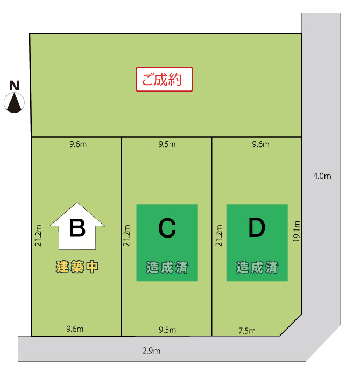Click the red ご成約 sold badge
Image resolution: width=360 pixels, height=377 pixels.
click(x=164, y=79)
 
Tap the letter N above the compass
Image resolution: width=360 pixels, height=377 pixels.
click(x=14, y=86)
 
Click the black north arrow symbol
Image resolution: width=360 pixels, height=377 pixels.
click(x=14, y=103)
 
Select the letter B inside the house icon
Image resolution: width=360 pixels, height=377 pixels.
click(x=77, y=228)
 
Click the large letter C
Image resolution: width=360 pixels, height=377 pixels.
click(x=167, y=228)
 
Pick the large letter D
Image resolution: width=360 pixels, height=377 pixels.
click(x=257, y=227)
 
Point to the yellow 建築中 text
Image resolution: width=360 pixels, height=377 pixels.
click(x=77, y=267)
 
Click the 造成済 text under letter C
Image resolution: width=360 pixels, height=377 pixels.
click(x=167, y=267)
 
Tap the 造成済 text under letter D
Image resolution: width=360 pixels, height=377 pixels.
click(x=257, y=267)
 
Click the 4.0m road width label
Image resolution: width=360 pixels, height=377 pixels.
click(x=322, y=176)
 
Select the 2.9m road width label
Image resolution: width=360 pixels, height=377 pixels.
click(x=152, y=351)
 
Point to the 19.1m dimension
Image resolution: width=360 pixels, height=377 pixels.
click(x=297, y=231)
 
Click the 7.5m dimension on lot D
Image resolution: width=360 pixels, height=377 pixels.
click(x=247, y=331)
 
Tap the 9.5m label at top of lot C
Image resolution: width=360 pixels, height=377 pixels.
click(x=167, y=144)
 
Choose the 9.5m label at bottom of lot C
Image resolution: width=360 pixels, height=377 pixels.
click(x=167, y=330)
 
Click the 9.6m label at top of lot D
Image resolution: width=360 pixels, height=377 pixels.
click(x=260, y=144)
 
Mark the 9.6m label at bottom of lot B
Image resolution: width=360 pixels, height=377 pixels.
click(x=75, y=329)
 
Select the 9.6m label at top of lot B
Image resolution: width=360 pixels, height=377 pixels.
click(x=78, y=144)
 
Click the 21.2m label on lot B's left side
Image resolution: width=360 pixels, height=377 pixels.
click(x=38, y=235)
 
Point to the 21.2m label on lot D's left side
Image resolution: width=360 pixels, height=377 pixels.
click(x=219, y=235)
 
